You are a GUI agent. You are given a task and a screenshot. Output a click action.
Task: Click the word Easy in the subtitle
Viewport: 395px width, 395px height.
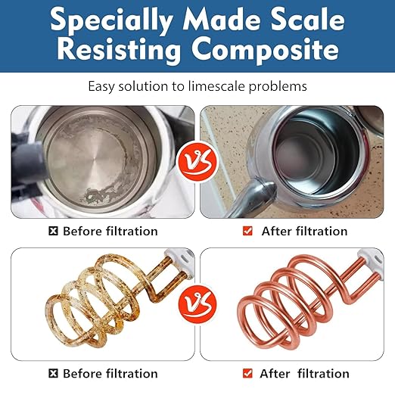102,86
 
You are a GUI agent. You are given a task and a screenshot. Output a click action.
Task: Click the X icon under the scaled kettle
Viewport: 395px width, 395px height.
52,231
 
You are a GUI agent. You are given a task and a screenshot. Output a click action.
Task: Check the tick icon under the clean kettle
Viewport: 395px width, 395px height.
247,231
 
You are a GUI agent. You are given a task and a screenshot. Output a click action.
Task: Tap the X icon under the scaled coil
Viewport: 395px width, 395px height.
52,373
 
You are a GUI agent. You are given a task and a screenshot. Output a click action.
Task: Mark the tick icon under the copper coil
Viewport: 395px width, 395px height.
247,373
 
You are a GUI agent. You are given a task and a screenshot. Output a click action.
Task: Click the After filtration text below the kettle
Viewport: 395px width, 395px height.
304,231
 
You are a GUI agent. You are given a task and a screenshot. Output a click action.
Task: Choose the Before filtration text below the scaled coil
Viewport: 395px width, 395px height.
110,373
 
